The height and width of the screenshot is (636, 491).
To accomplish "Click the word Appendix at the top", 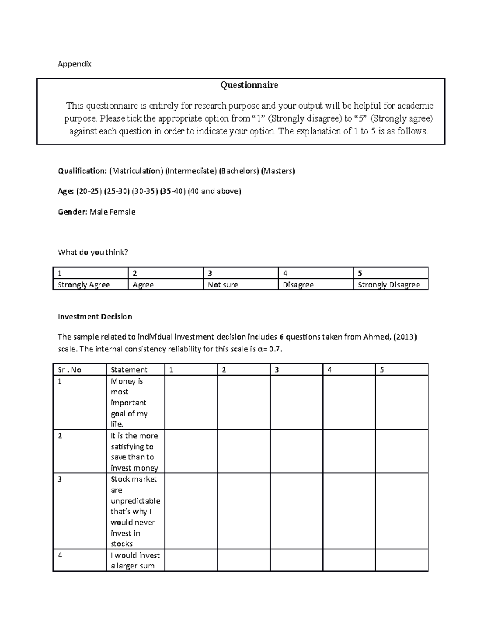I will tap(74, 64).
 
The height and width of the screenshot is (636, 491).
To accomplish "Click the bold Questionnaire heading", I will tap(249, 85).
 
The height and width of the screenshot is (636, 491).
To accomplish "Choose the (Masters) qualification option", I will tap(278, 171).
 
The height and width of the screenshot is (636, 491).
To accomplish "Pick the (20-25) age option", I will tap(89, 191).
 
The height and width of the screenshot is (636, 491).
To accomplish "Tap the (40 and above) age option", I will tap(214, 191).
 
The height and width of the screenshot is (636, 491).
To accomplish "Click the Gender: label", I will tap(72, 212).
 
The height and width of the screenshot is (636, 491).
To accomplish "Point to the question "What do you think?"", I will tap(93, 252).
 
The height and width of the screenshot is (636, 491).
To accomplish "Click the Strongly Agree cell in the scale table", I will tap(84, 285).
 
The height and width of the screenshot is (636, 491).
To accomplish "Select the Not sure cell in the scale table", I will tap(223, 285).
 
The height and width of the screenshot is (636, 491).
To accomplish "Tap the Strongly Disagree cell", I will tap(389, 285).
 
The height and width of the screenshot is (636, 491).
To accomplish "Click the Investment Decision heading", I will tap(95, 317).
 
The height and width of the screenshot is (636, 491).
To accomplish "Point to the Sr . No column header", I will tap(70, 370).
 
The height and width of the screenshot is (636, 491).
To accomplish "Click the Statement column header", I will tap(129, 370).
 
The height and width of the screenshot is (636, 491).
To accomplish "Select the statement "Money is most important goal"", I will tap(129, 402).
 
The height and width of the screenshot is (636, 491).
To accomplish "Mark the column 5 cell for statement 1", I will tap(401, 402).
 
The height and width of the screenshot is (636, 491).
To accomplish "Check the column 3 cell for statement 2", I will tap(296, 451).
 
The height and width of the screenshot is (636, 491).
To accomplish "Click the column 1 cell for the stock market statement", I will tap(191, 511).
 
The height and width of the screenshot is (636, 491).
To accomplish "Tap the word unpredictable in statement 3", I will tap(135, 501).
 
